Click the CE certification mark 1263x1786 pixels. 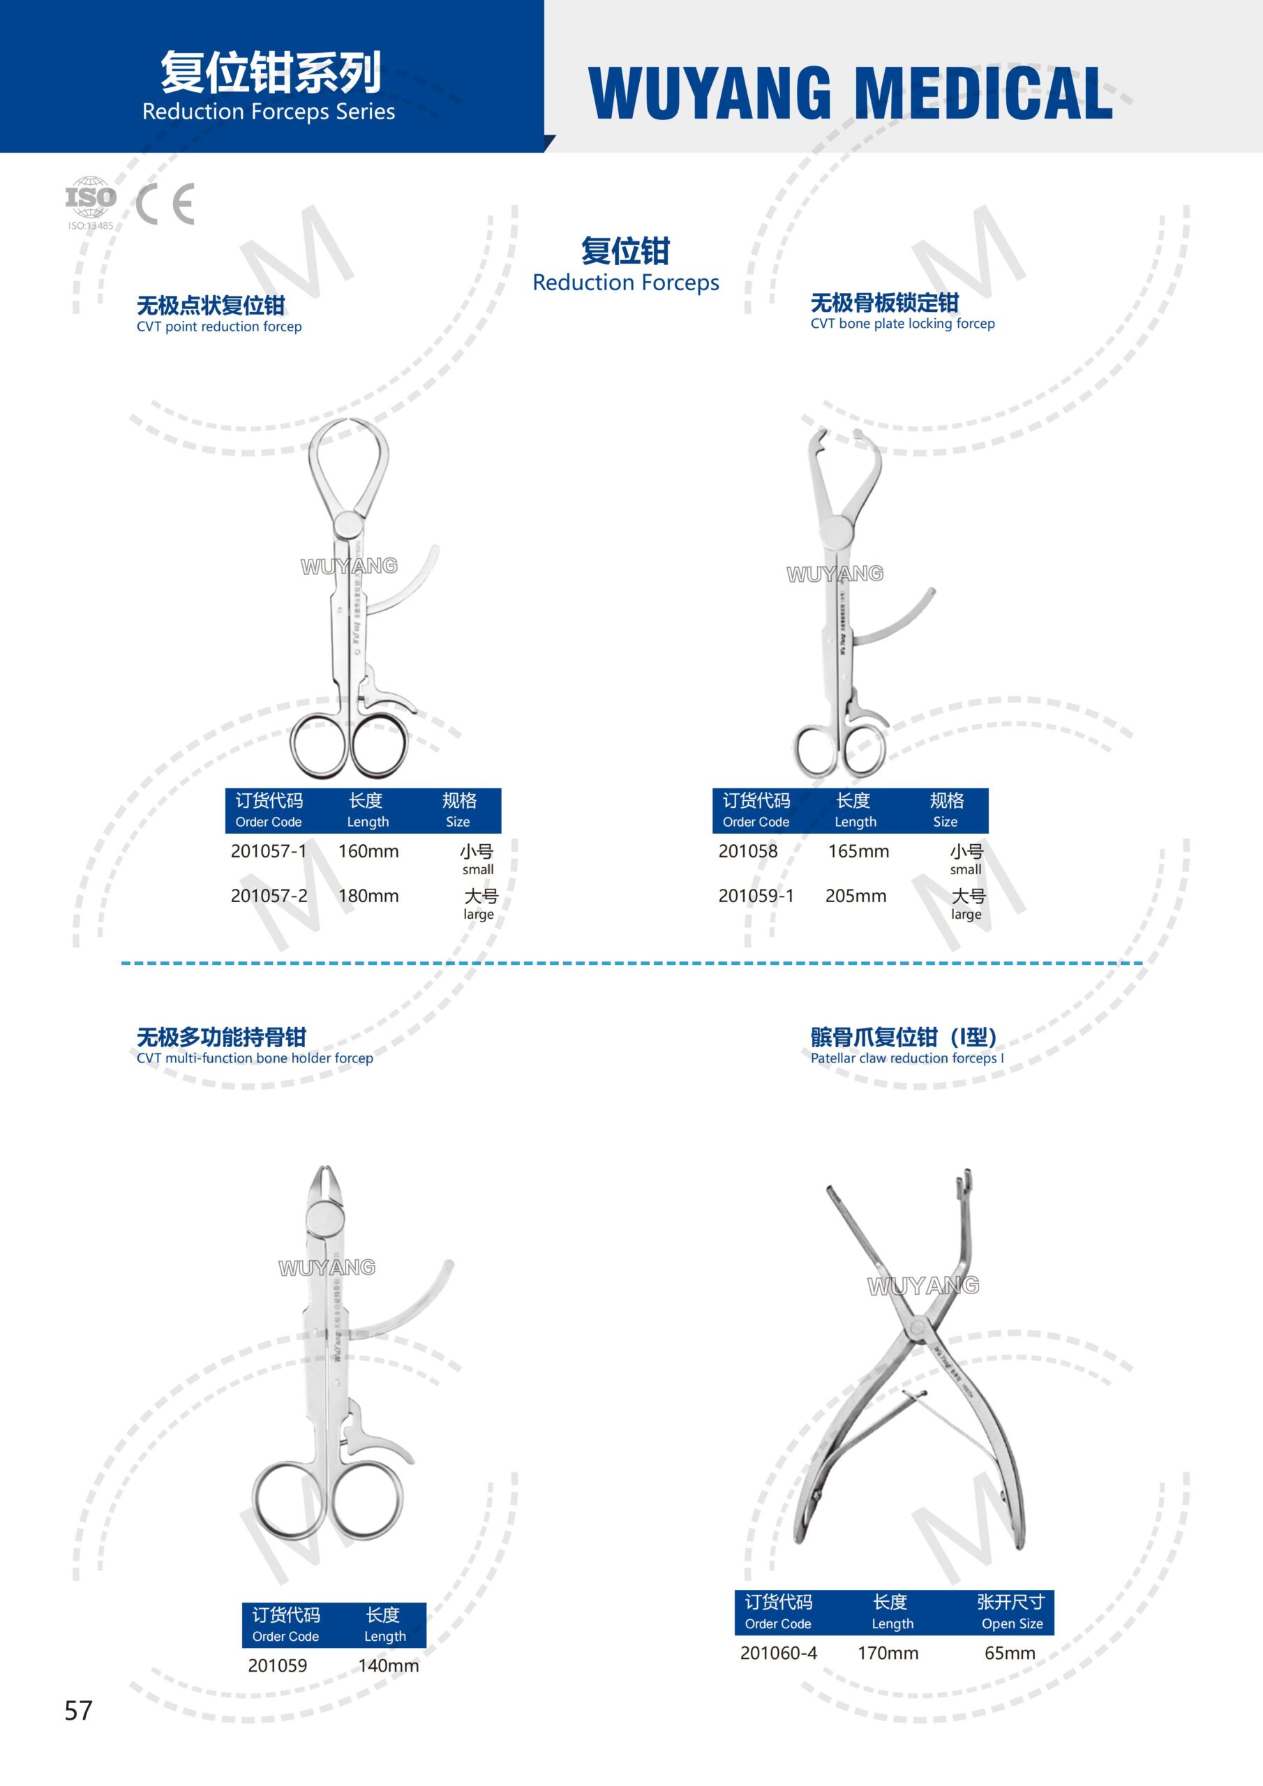pos(165,204)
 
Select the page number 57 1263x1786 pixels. pos(79,1710)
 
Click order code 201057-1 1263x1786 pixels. pos(269,851)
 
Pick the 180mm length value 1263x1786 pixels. pos(368,896)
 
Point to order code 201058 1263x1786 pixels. pos(748,851)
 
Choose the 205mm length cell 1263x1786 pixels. pos(856,896)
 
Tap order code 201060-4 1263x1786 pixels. pos(778,1653)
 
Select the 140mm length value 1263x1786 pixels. pos(388,1665)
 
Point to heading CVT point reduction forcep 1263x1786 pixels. pos(218,327)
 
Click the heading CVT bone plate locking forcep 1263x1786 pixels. pos(903,324)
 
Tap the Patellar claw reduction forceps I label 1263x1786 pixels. pos(907,1058)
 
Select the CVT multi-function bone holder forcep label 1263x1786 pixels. pos(255,1058)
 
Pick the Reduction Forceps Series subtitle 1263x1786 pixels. pos(269,112)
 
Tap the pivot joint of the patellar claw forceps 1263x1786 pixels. pos(918,1326)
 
